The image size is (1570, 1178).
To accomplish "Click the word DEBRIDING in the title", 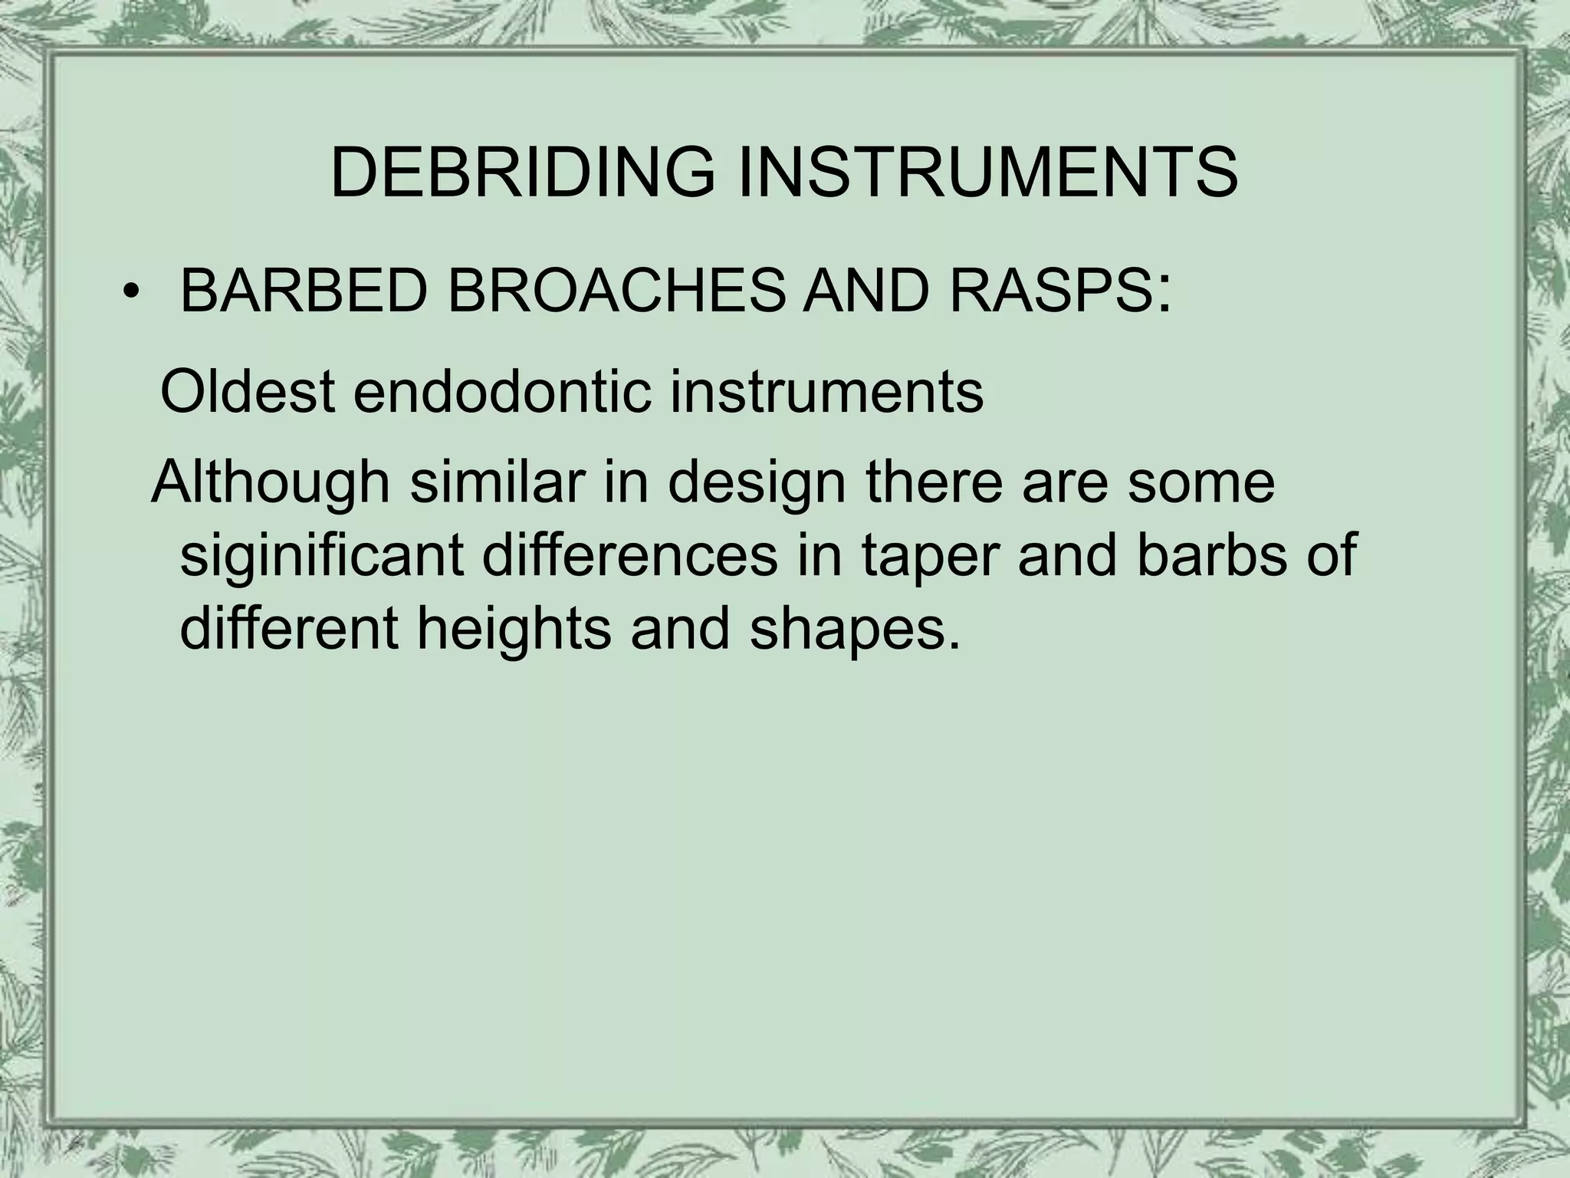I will coord(521,173).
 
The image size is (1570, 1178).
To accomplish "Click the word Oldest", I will coord(247,392).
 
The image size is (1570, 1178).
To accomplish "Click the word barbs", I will coord(1222,555).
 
